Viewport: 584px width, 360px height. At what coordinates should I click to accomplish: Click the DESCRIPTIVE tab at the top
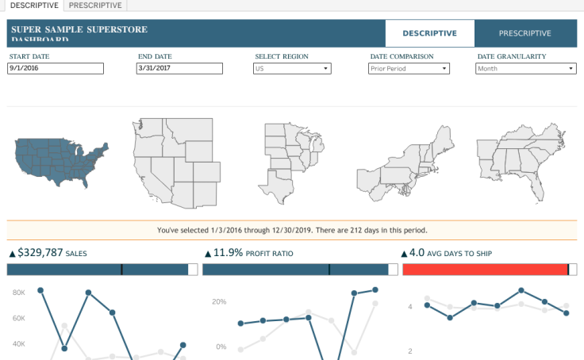coord(33,6)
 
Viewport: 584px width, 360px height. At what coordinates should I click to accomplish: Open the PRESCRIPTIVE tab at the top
coord(95,6)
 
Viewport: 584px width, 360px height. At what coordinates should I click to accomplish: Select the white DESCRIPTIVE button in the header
coord(429,33)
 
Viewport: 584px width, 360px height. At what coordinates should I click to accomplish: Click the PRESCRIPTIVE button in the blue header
coord(524,33)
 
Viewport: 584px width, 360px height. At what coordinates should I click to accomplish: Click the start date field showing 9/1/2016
coord(56,69)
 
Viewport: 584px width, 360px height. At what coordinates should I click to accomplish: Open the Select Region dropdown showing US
coord(292,69)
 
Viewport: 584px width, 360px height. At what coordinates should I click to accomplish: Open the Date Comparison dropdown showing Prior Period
coord(409,69)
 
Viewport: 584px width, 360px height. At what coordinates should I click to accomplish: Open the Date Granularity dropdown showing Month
coord(525,69)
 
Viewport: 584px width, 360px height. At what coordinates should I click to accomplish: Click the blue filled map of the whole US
coord(60,162)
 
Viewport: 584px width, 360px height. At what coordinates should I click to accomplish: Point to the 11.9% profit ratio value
coord(228,253)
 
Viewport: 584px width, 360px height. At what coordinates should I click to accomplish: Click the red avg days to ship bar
coord(485,270)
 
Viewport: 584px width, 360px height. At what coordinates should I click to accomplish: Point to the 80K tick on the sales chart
coord(20,292)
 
